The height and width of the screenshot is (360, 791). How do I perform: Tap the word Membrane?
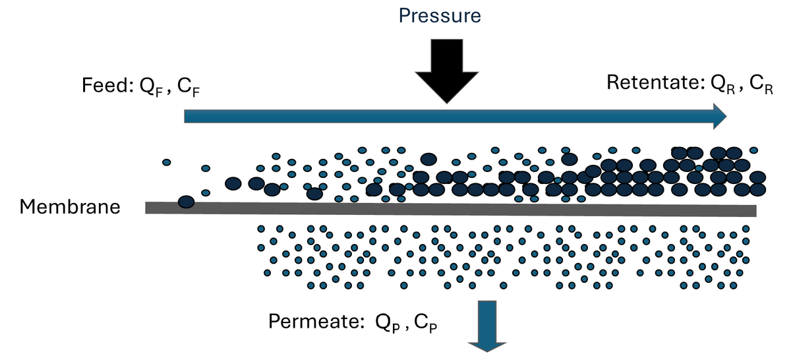click(x=70, y=207)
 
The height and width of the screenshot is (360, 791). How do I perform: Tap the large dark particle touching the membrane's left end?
click(x=186, y=202)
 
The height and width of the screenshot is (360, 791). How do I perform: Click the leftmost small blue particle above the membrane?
click(x=167, y=162)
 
